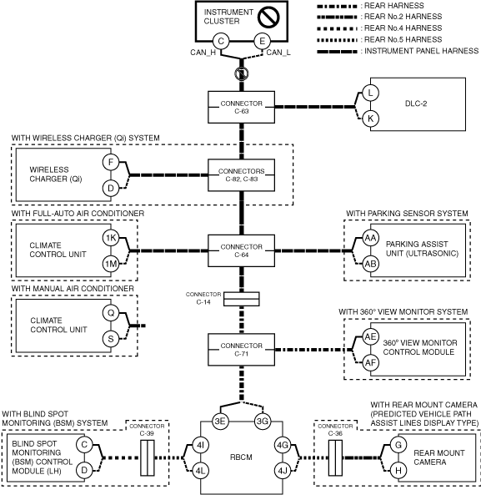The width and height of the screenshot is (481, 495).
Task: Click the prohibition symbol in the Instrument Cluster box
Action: click(269, 17)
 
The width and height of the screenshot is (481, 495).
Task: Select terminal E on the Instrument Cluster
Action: click(263, 42)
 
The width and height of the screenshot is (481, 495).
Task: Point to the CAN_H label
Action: click(203, 52)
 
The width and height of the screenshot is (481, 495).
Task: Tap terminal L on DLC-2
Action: click(370, 93)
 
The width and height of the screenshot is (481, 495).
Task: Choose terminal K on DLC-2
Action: click(370, 119)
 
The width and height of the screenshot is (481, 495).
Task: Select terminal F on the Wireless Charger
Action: click(111, 162)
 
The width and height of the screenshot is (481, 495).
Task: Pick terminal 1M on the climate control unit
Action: click(111, 264)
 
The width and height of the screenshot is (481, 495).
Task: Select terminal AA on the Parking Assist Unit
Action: click(370, 238)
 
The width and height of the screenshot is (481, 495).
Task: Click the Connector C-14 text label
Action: click(203, 298)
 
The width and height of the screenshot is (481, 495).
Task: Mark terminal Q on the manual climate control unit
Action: click(111, 313)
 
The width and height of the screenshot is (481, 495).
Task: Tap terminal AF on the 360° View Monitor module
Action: click(370, 363)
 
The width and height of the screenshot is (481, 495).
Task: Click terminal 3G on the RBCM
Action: click(263, 422)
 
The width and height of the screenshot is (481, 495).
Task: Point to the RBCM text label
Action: click(241, 457)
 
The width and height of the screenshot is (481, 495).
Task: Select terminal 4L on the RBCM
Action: click(200, 471)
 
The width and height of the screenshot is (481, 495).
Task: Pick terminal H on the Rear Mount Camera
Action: click(398, 471)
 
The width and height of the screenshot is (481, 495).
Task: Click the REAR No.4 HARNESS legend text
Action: click(403, 28)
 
